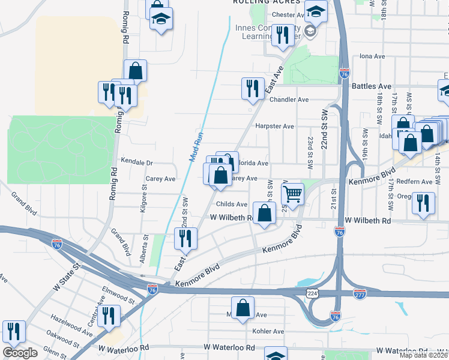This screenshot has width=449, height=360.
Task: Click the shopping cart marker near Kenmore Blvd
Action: [x=293, y=195]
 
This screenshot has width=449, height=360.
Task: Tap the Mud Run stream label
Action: [x=197, y=146]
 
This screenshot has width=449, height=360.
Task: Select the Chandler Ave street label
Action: [x=289, y=100]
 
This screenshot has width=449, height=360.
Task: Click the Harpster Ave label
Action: [x=274, y=127]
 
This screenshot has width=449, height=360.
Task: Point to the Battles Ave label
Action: [x=372, y=86]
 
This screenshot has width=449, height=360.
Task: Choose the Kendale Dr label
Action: [x=137, y=162]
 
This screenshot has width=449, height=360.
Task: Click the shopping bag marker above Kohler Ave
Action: [x=243, y=308]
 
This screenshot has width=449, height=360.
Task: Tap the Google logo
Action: [x=20, y=353]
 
